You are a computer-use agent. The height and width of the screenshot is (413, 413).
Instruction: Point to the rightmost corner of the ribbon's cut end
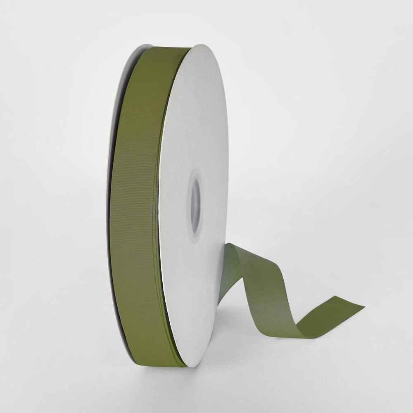363,308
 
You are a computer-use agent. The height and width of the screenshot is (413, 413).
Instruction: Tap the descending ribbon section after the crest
264,285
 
